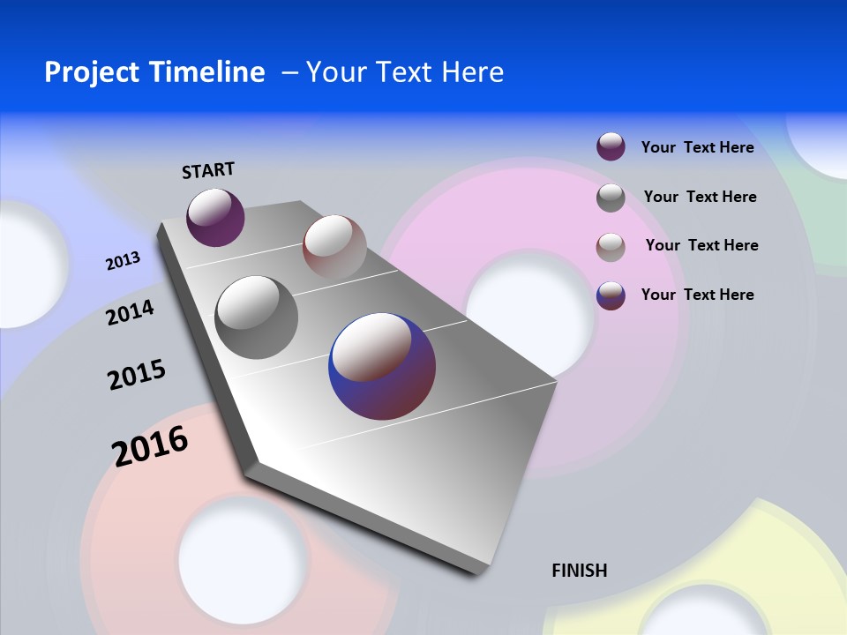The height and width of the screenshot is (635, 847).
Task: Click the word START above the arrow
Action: click(208, 169)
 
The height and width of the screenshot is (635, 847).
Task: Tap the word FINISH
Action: click(579, 571)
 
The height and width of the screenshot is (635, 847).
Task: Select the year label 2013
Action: click(123, 261)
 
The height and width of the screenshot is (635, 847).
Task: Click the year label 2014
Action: click(130, 312)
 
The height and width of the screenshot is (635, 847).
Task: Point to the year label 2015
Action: click(137, 375)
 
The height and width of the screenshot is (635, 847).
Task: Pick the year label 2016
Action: click(150, 445)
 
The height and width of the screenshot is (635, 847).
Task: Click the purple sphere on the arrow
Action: click(215, 217)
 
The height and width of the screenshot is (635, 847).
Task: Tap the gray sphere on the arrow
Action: click(257, 317)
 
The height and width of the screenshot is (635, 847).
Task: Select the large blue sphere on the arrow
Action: click(382, 366)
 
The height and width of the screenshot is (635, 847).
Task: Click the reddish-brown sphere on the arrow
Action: click(334, 246)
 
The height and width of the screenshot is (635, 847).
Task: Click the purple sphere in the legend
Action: click(611, 146)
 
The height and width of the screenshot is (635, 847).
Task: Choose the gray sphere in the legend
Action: click(611, 197)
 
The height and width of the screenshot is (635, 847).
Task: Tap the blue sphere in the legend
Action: click(611, 295)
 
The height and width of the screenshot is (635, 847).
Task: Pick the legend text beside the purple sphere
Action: click(697, 147)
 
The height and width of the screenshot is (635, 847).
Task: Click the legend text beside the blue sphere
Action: click(697, 295)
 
